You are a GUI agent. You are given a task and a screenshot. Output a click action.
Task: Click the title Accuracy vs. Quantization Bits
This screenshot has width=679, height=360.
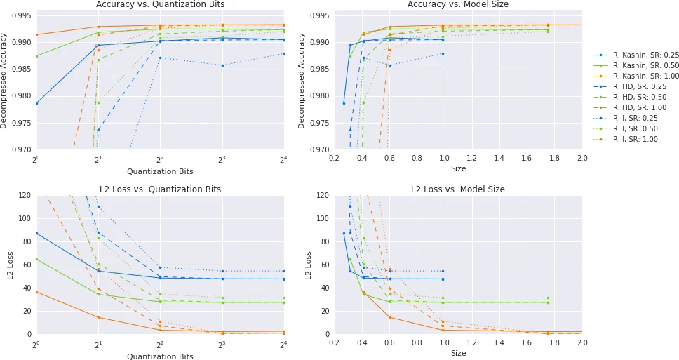coord(160,4)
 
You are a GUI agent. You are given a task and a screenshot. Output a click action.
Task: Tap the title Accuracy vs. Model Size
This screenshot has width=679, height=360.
coord(458,4)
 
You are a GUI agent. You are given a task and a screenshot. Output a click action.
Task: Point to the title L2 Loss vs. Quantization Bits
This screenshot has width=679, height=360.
coord(160,189)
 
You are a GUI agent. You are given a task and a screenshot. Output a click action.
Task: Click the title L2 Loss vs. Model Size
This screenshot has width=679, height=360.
coord(458,189)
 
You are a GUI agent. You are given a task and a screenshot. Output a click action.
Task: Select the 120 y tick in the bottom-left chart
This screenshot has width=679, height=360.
coord(24,195)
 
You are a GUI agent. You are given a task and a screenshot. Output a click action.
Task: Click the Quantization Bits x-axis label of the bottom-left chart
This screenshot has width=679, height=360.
coord(160,356)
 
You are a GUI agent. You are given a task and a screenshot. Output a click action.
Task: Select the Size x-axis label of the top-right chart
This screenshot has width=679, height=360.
coord(458,168)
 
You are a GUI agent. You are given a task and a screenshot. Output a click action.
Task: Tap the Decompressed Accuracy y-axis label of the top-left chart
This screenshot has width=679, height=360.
coord(4,80)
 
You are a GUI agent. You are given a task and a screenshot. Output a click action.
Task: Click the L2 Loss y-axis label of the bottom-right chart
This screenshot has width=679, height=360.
coord(309,265)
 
